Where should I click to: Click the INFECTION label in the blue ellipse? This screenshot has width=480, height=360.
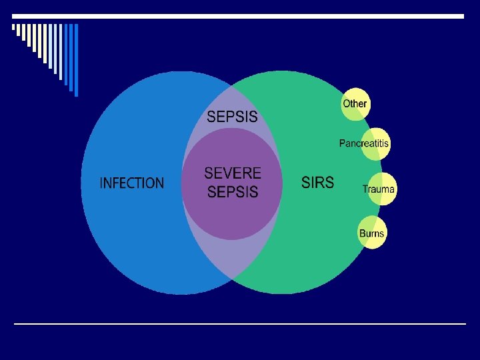(x=131, y=183)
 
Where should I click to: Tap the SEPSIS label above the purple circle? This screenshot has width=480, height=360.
(x=232, y=117)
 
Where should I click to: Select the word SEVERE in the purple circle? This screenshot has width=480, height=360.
(x=233, y=173)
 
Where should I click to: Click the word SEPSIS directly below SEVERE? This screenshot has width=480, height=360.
(x=233, y=192)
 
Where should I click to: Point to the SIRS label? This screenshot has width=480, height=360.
(x=318, y=183)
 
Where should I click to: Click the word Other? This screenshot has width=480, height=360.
(x=355, y=103)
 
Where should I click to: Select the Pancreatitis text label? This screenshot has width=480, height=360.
(x=364, y=143)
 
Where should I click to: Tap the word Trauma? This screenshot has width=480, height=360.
(x=379, y=189)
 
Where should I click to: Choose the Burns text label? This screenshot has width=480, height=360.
(x=372, y=233)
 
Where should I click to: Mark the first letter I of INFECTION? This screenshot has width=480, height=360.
(x=101, y=183)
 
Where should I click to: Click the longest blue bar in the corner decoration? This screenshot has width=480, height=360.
(x=75, y=60)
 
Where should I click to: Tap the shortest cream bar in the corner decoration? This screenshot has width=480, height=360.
(x=13, y=28)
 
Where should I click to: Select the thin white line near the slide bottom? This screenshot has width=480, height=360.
(x=240, y=324)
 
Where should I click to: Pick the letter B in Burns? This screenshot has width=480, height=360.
(x=362, y=233)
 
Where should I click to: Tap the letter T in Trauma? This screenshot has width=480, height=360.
(x=365, y=189)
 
